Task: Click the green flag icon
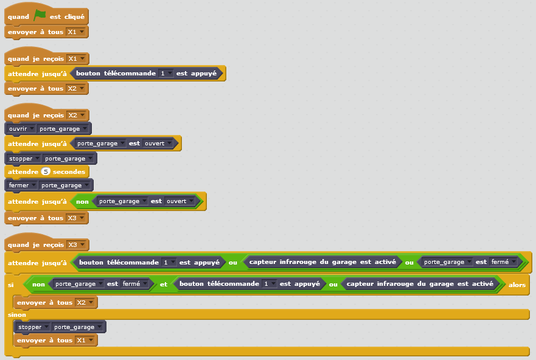coord(40,16)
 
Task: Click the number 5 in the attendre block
coord(46,172)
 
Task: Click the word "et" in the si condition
coord(164,284)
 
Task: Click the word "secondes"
coord(69,172)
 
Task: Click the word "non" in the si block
coord(38,284)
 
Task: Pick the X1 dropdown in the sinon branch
coord(86,341)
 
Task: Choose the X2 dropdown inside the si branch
coord(86,302)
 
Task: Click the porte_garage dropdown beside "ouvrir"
coord(63,129)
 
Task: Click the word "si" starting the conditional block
coord(10,285)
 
